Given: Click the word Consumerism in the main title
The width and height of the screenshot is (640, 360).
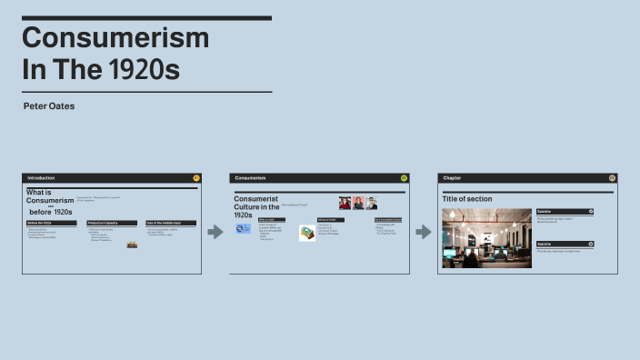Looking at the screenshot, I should coord(115,38).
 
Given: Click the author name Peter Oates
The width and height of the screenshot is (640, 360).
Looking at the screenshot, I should coord(49,106).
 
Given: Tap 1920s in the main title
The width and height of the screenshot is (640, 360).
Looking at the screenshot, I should coord(146,70).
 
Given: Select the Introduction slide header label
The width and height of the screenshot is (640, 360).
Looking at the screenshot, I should coord(42,178).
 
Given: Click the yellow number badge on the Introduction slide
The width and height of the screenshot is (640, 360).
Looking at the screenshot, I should coord(196,178).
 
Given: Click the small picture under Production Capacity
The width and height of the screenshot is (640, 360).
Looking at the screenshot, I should coord(132,245).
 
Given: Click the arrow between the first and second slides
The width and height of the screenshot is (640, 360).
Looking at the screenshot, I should coord(215,233).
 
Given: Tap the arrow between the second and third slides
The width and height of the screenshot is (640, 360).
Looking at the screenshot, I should coord(424,233).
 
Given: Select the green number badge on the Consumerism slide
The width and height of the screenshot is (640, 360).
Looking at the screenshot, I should coord(404,178).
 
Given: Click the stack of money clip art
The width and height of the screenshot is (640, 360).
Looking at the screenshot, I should coord(307,234).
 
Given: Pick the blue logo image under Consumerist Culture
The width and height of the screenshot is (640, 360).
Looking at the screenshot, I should coord(244,230).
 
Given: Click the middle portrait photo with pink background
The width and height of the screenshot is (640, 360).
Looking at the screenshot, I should coord(358,203).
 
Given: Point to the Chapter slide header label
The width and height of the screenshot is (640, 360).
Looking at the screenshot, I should coord(452,178).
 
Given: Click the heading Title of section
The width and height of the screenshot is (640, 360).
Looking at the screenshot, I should coord(467,198).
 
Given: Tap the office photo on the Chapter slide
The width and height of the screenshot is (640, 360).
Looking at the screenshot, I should coord(486,238).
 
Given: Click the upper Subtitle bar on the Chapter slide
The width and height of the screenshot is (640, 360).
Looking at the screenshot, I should coord(565,211).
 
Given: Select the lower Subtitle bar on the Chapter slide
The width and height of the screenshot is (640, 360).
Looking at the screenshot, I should coord(565,244).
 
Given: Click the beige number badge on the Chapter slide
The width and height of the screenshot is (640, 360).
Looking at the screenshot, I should coord(612,178).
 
